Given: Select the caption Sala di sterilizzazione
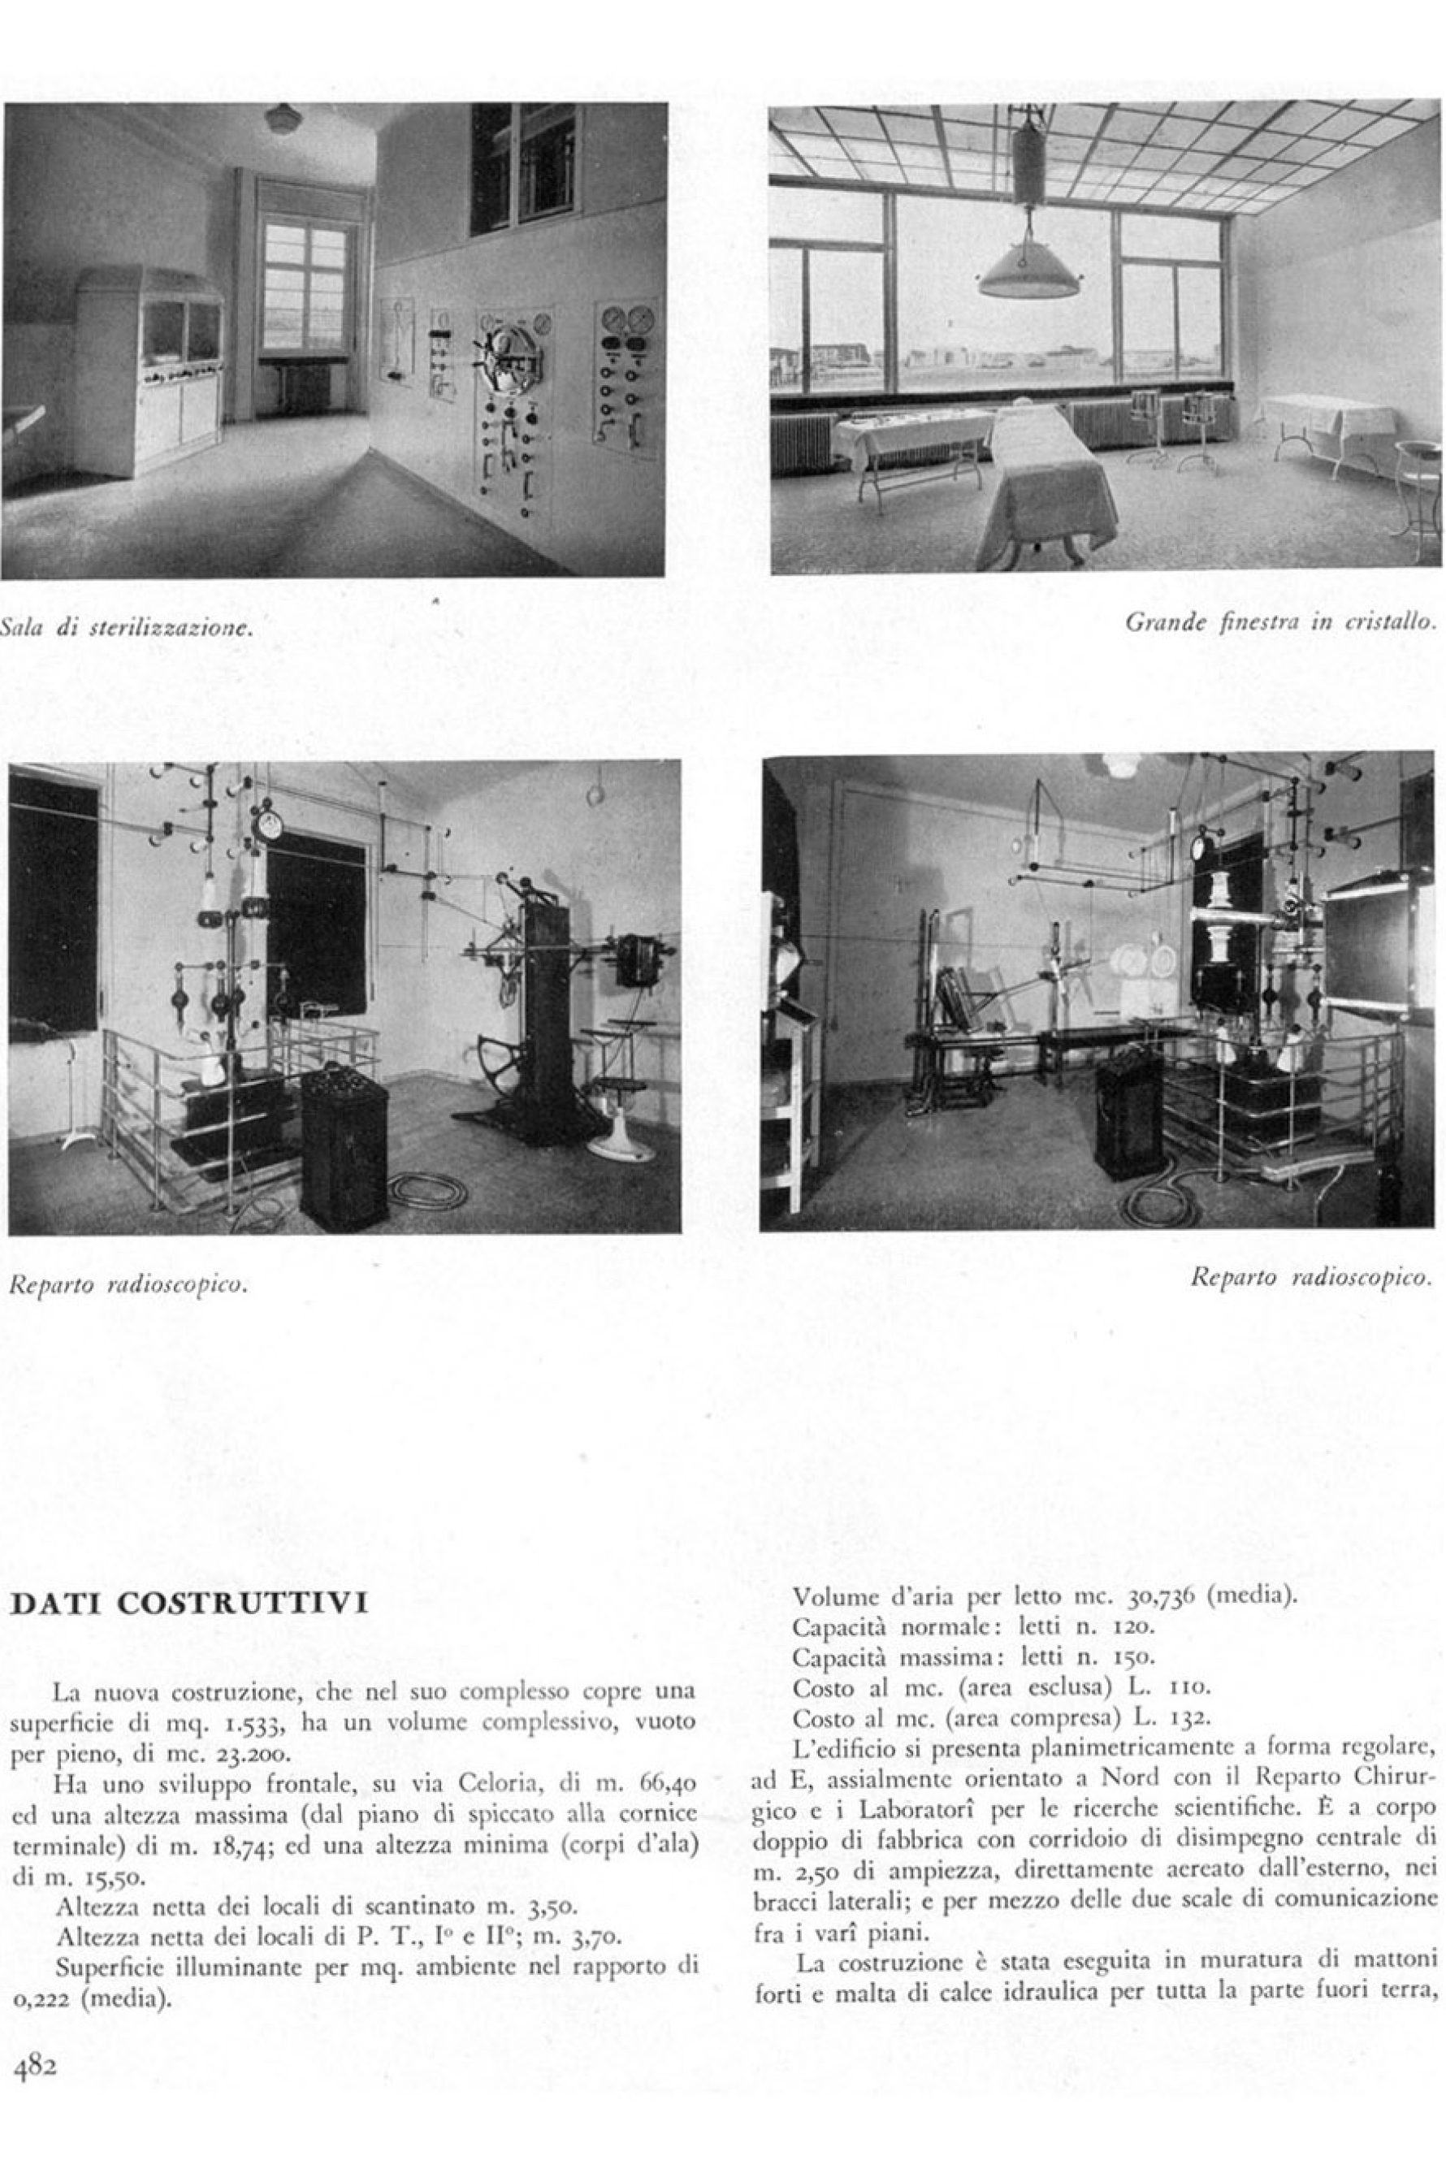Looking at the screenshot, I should pyautogui.click(x=128, y=630).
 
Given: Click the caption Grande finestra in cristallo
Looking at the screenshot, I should pyautogui.click(x=1281, y=622).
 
